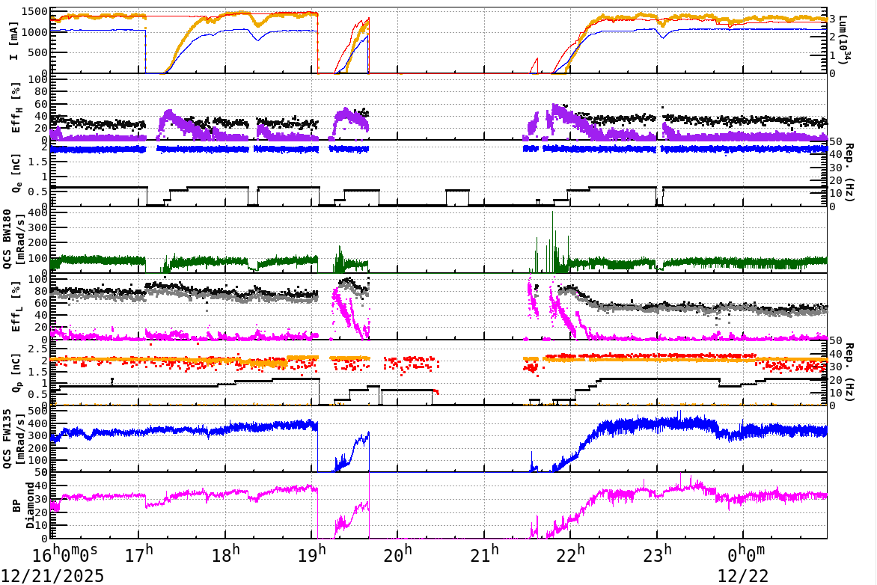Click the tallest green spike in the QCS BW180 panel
pyautogui.click(x=552, y=214)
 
